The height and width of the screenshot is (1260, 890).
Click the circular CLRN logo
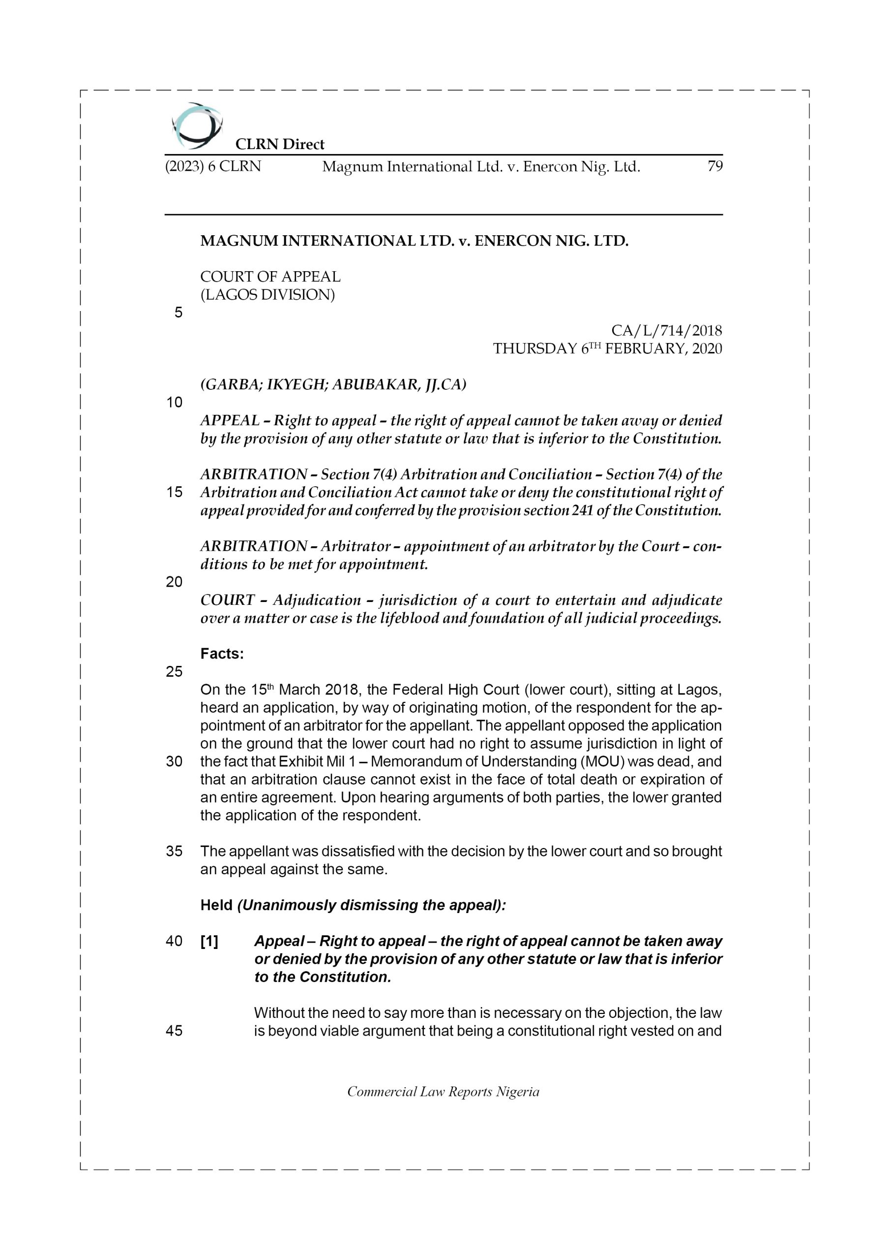(196, 126)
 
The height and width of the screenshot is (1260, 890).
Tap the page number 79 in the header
(714, 166)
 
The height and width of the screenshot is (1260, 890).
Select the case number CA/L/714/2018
(666, 330)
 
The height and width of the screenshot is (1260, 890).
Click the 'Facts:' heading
(222, 654)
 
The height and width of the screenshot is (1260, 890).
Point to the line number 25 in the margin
(174, 672)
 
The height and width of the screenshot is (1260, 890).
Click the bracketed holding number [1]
(209, 942)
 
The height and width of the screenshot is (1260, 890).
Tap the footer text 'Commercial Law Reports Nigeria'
(443, 1092)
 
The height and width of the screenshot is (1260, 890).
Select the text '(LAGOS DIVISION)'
(267, 295)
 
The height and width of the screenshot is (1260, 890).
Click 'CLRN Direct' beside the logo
(280, 144)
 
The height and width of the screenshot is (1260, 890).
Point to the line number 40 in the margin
(174, 941)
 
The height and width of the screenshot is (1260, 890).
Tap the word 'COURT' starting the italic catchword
(228, 600)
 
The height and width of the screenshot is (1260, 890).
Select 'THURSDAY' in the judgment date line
(534, 349)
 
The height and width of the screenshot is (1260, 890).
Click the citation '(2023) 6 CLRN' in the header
(213, 166)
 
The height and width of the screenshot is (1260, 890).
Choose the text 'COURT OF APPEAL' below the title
(270, 277)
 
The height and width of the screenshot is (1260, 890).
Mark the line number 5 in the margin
(178, 313)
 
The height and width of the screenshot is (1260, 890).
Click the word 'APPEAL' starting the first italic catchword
(230, 420)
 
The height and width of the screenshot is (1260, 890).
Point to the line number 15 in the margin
(174, 492)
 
